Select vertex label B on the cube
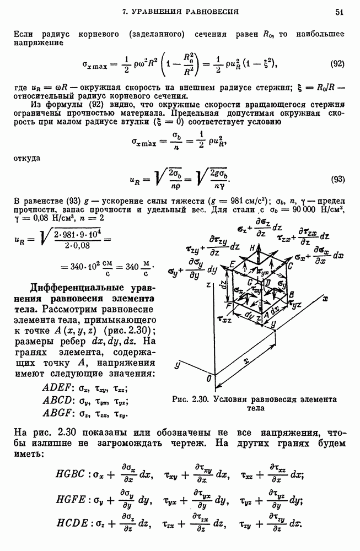click(x=291, y=295)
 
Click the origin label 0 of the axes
click(x=207, y=379)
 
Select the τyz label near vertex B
click(x=296, y=304)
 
